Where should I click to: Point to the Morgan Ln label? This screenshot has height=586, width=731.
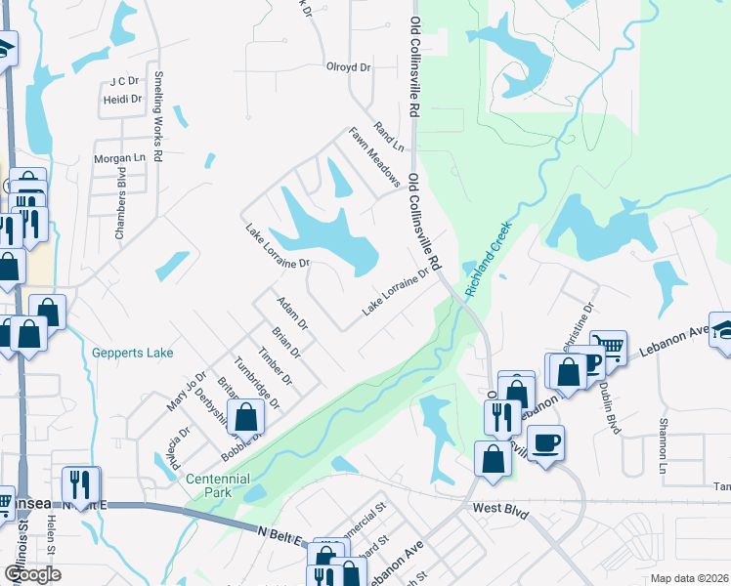[119, 158]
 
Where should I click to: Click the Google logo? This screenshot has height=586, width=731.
[32, 574]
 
